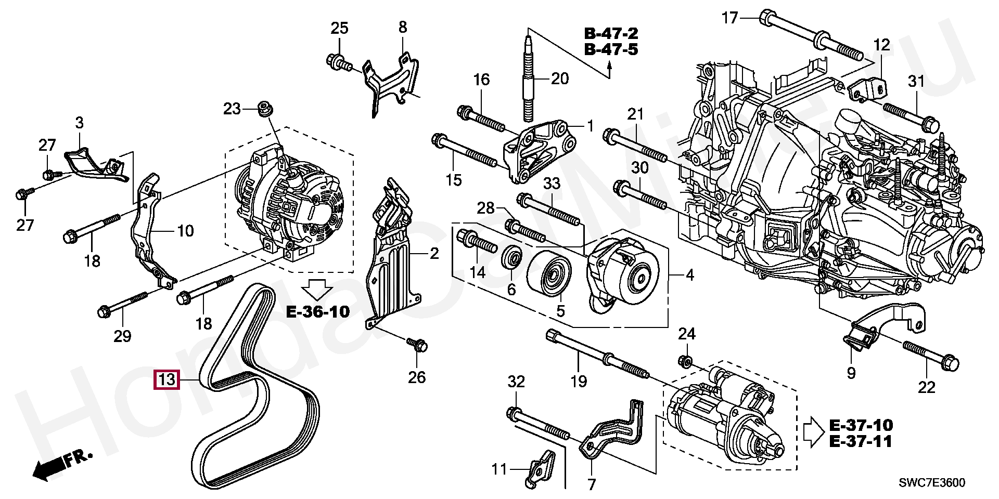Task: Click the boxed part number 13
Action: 166,379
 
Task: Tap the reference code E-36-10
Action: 318,312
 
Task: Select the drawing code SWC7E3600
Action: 931,483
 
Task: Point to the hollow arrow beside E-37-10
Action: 813,432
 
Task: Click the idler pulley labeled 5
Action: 549,274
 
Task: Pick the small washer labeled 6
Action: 511,257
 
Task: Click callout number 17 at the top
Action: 730,18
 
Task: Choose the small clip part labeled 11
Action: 540,469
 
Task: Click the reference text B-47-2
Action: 611,33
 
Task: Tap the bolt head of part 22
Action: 950,363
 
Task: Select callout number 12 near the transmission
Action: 882,45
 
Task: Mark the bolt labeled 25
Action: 340,63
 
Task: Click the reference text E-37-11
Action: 861,442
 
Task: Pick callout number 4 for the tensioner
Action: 690,275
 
